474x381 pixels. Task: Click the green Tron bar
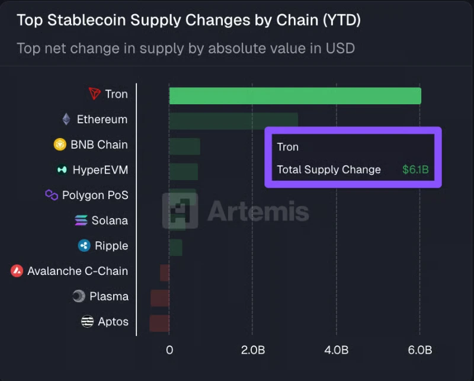coord(295,95)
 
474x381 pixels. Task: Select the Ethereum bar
coord(233,120)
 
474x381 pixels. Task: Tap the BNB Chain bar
coord(184,146)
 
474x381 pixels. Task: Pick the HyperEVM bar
coord(183,171)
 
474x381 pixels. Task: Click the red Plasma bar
coord(160,297)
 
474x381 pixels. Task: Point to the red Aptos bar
coord(159,323)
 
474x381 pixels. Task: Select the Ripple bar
coord(175,247)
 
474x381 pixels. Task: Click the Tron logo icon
coord(95,94)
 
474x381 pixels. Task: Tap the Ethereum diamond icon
coord(66,119)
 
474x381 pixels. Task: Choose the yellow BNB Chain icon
coord(60,145)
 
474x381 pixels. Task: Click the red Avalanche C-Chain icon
coord(17,271)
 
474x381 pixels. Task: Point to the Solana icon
coord(81,220)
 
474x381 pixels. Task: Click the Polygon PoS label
coord(95,195)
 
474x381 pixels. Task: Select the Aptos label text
coord(113,322)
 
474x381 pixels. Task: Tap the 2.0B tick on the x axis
coord(253,350)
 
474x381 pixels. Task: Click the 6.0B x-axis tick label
coord(419,350)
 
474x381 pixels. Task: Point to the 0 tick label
coord(169,350)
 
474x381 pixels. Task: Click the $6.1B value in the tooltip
coord(415,170)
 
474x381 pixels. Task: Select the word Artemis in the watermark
coord(258,211)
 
